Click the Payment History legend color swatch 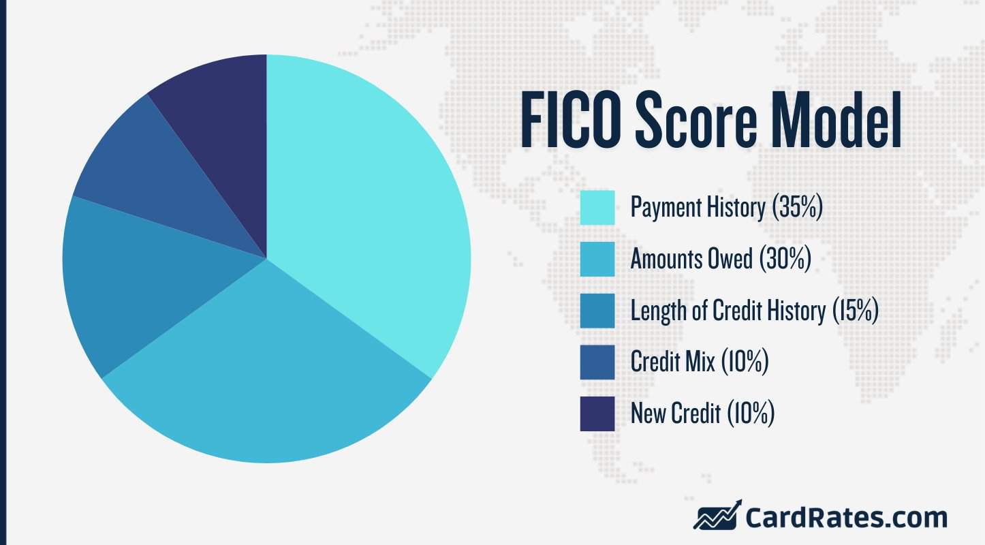click(597, 207)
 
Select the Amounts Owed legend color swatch click(597, 259)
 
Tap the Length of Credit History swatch click(597, 311)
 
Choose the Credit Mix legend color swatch click(597, 362)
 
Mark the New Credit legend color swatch click(597, 414)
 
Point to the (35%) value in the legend click(798, 207)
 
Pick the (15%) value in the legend click(855, 311)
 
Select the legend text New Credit click(675, 414)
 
